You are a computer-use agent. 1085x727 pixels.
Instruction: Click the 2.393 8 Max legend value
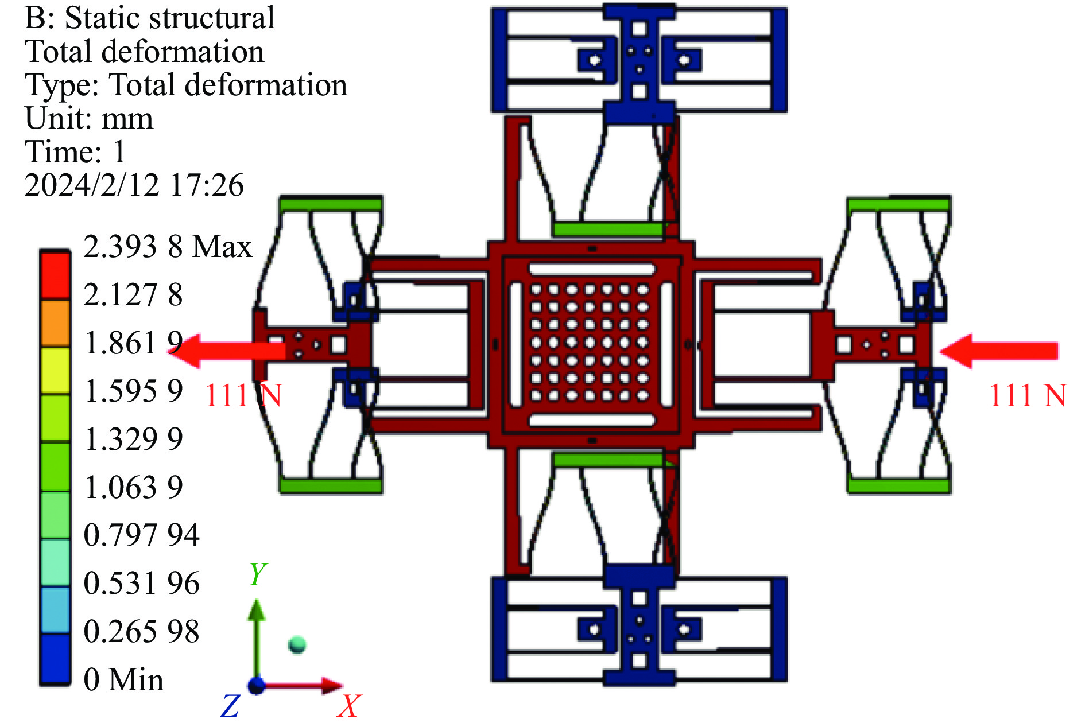(167, 247)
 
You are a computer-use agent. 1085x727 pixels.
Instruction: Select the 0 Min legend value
(123, 679)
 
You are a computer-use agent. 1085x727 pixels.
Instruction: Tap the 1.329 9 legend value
(133, 440)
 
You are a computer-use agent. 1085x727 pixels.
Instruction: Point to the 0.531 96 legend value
(141, 584)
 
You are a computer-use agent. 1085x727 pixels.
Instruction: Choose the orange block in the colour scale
(55, 322)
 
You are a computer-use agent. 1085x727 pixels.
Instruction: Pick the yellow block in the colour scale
(55, 370)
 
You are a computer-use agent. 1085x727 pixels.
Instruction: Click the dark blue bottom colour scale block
(55, 659)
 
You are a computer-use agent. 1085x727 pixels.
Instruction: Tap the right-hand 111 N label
(1028, 395)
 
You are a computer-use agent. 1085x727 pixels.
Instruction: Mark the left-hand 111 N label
(243, 395)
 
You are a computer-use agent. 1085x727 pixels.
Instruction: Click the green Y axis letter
(258, 573)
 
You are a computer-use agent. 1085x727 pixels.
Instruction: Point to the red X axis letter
(349, 706)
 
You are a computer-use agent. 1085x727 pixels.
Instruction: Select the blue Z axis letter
(230, 706)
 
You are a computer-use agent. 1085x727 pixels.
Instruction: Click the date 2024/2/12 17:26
(134, 185)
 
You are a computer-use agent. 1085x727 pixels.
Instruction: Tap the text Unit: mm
(89, 119)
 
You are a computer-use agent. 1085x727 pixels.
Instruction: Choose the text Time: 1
(75, 152)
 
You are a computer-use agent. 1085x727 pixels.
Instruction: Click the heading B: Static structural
(149, 18)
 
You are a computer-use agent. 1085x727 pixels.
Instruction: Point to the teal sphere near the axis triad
(297, 645)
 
